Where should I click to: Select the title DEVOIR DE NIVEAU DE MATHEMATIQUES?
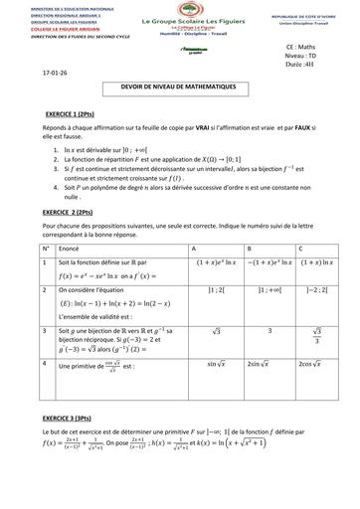[180, 89]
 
